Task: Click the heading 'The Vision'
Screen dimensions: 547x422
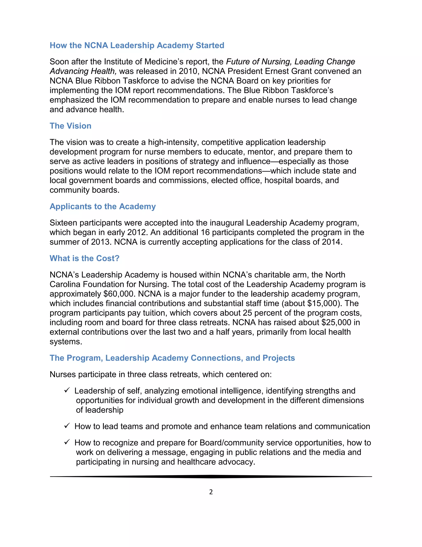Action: (70, 126)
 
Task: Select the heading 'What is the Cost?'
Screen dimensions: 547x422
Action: (84, 258)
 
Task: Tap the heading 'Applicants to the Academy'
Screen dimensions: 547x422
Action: (102, 206)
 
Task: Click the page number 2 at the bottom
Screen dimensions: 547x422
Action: (211, 492)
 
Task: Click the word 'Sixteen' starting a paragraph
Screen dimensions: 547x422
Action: (63, 223)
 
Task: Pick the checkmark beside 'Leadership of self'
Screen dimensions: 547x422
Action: (67, 390)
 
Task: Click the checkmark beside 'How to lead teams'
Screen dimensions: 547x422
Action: (67, 426)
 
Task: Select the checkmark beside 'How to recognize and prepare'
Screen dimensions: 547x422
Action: (67, 442)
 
